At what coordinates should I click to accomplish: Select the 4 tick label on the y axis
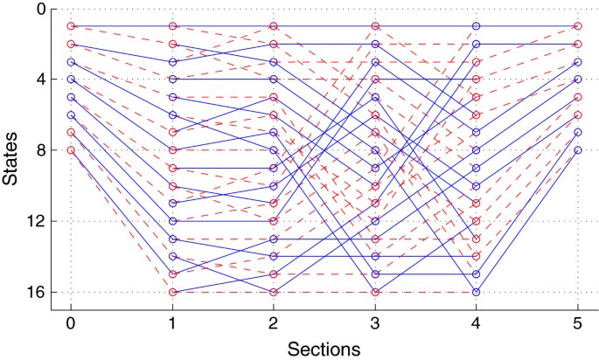42,80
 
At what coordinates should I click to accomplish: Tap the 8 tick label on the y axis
42,150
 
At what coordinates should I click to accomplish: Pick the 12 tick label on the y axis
38,221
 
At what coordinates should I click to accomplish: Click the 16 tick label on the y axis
38,292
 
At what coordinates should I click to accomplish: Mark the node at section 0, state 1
71,26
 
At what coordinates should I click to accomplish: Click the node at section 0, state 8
71,150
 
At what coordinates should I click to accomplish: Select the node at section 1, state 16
172,292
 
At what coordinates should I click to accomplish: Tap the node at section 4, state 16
476,292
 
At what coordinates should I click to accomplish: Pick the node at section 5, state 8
577,150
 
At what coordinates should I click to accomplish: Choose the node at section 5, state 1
577,26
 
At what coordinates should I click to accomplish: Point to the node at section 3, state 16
375,292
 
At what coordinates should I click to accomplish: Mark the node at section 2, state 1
274,26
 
